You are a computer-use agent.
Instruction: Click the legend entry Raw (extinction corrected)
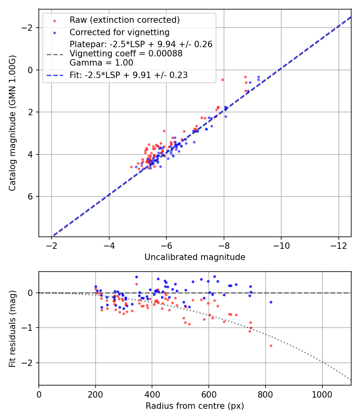124,20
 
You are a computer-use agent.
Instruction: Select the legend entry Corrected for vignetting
119,32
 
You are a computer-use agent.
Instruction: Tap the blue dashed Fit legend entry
128,75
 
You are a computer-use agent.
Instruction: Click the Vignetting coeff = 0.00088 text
126,54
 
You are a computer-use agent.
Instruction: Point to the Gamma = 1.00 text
101,63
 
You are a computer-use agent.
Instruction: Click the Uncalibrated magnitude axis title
195,257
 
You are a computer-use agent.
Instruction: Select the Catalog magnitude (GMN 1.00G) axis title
13,123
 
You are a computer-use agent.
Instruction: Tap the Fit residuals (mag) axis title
13,328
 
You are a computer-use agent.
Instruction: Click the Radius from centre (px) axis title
195,406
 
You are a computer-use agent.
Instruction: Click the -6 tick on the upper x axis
166,244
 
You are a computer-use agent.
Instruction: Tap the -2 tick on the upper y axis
28,28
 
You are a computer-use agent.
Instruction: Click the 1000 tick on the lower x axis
322,394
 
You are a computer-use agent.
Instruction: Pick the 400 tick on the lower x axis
152,394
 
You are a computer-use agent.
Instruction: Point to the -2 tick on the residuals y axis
28,363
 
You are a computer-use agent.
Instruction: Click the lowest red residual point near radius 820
271,346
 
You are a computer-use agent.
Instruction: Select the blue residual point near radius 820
271,302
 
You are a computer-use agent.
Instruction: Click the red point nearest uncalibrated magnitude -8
222,80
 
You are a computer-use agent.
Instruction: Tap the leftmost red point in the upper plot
131,167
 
